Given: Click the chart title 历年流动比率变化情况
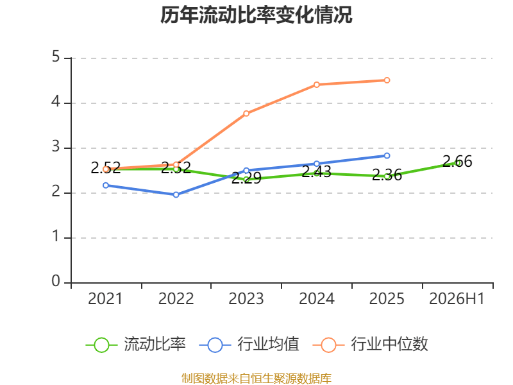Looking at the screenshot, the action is pos(256,15).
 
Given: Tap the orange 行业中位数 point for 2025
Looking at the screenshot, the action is pos(387,80).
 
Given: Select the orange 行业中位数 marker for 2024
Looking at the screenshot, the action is pos(316,85).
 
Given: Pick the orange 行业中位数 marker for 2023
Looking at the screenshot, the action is pos(246,114).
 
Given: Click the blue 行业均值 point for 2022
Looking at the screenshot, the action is pos(176,195).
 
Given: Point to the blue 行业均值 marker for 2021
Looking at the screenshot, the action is pos(106,185).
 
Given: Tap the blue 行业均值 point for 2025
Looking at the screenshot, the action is pos(387,155).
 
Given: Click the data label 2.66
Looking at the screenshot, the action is pos(457,162).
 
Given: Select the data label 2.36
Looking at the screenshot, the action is pos(387,175).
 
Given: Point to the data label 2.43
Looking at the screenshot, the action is pos(316,171).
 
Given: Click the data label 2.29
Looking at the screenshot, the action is pos(246,178).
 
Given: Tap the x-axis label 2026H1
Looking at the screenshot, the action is pos(457,298).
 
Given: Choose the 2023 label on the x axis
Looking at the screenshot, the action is pos(246,298).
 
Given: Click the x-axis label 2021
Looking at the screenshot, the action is pos(105,298).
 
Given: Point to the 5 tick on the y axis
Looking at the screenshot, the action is pos(56,56).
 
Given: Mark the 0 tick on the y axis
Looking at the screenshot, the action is pos(56,281).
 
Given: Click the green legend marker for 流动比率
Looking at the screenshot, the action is pos(101,345).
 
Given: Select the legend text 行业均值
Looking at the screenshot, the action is pos(268,344).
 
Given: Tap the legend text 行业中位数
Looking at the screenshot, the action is pos(389,344).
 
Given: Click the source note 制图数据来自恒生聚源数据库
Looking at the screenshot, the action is pos(256,378).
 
